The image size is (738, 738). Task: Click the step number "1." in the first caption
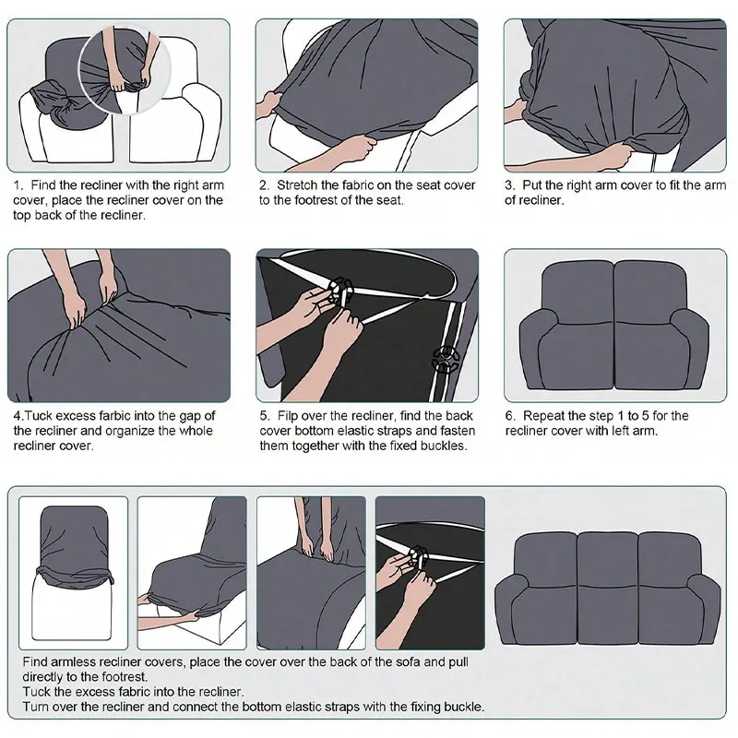click(19, 185)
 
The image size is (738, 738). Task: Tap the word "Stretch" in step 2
click(301, 185)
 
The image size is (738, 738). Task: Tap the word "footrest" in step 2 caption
click(322, 200)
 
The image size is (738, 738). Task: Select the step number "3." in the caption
click(509, 185)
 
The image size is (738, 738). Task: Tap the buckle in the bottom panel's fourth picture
click(417, 556)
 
